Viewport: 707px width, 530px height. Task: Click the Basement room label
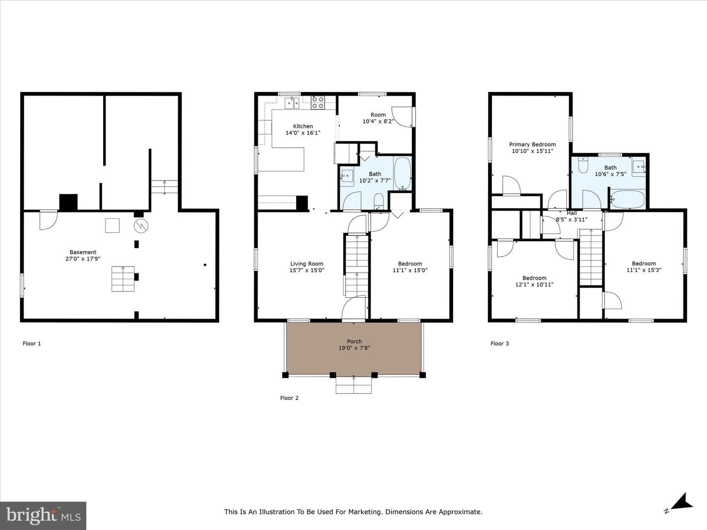coord(83,252)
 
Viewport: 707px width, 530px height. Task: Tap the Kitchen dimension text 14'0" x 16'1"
coord(303,133)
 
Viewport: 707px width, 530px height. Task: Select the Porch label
coord(354,342)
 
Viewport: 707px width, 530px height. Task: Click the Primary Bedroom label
coord(532,144)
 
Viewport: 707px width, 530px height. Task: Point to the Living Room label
coord(307,264)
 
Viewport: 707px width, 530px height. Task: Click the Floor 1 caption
coord(31,344)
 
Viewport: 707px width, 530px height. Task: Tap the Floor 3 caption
coord(500,344)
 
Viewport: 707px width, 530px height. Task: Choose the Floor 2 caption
coord(289,398)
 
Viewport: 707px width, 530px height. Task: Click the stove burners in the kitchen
coord(318,103)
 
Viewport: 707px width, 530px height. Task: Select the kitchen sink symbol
coord(292,103)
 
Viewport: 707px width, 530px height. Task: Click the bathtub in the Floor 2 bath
coord(402,173)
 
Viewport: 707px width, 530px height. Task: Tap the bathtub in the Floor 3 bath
coord(628,200)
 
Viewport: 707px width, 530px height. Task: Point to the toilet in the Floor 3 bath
coord(583,165)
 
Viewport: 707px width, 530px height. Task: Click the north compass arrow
coord(682,509)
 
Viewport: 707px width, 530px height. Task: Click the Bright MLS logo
coord(43,516)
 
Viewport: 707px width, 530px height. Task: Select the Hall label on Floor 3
coord(571,213)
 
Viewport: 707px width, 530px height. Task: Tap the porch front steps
coord(353,385)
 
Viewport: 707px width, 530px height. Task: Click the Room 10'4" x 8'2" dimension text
coord(378,122)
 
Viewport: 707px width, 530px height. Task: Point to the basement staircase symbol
coord(123,279)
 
